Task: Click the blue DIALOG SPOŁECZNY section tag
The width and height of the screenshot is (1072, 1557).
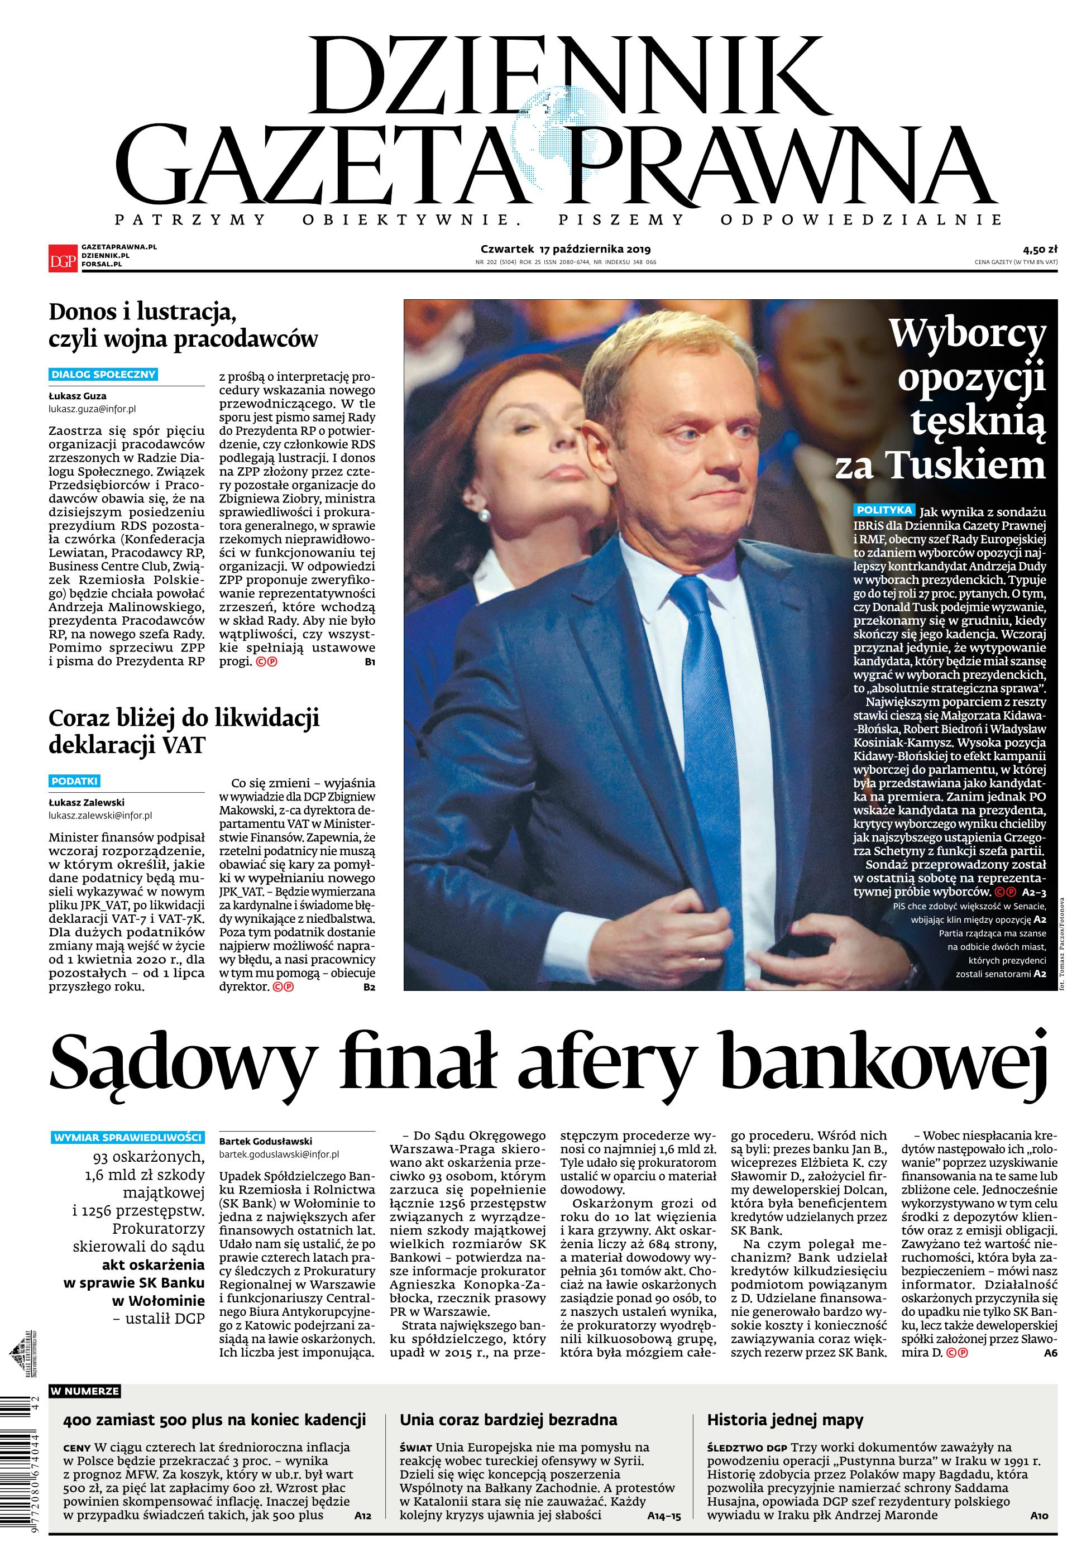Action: point(103,374)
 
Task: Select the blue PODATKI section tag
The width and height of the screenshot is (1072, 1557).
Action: point(75,780)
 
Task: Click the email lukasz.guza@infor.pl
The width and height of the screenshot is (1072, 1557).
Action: point(92,408)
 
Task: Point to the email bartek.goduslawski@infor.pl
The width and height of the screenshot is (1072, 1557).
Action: point(278,1154)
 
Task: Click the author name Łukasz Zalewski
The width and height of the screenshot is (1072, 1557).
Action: point(87,802)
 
